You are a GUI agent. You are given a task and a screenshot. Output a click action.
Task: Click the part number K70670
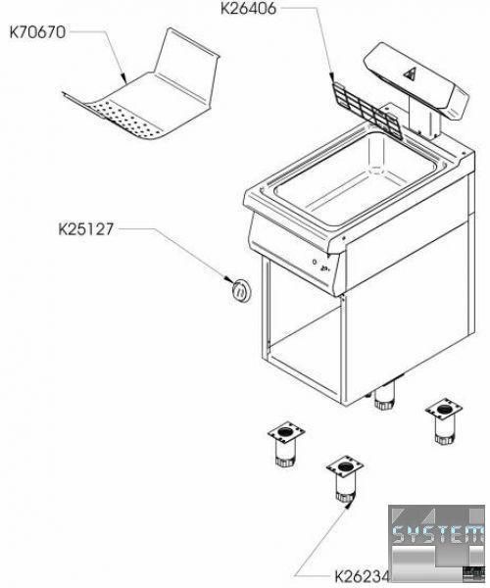point(37,32)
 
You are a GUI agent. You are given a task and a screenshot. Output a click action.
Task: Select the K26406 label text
point(248,8)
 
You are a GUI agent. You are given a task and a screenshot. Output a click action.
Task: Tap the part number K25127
point(85,229)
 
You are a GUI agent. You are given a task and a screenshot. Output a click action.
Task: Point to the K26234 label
point(363,576)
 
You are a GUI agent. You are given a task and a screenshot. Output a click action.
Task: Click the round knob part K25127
point(241,290)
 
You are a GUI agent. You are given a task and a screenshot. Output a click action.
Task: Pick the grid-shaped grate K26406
point(367,111)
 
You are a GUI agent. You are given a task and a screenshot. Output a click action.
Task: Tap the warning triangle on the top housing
point(411,73)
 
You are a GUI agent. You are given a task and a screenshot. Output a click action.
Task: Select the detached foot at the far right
point(444,421)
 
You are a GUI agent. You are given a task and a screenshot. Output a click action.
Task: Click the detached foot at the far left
point(286,446)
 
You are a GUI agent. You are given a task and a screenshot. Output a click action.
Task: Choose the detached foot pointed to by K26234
point(345,479)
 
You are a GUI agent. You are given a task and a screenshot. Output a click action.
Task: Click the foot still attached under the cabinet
point(383,401)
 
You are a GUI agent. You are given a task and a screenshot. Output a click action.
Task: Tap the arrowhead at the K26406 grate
point(332,80)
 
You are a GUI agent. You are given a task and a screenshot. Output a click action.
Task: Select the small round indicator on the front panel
point(315,262)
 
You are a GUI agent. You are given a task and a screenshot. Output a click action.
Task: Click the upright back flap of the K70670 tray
point(187,67)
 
